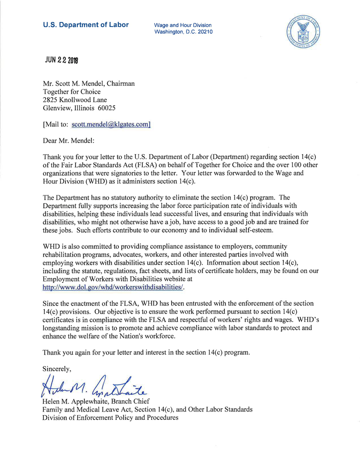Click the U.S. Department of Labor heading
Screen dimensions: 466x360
pos(86,25)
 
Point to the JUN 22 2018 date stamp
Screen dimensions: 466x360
pos(62,60)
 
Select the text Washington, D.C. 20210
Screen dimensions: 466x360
pos(183,32)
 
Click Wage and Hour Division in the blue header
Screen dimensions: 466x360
pos(182,25)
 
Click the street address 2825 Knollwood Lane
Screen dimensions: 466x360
pos(75,100)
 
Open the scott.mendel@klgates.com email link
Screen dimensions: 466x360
pos(111,124)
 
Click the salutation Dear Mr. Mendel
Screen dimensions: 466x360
pos(68,140)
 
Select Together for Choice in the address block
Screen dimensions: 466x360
pos(71,92)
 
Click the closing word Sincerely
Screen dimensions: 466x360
pos(56,369)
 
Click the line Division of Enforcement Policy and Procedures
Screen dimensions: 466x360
pos(110,418)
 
